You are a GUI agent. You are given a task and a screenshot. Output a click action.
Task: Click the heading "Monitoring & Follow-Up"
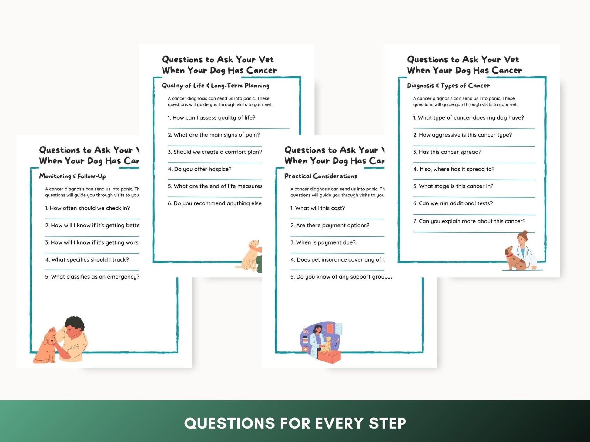pos(72,176)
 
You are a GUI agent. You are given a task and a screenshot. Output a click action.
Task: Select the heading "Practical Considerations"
pos(320,176)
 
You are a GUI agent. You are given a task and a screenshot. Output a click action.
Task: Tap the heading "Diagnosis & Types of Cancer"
pos(448,86)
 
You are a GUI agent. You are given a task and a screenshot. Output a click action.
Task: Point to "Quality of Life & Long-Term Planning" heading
pos(215,86)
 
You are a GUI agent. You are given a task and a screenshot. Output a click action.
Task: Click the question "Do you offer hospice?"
pos(199,169)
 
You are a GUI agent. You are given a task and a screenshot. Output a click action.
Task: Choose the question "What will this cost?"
pos(317,208)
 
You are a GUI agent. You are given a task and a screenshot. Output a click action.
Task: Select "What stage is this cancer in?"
pos(453,186)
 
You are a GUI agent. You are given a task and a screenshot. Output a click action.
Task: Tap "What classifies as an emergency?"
pos(92,277)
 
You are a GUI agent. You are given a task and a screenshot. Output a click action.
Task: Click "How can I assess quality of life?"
pos(211,118)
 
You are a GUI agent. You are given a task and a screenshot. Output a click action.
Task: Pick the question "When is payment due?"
pos(323,242)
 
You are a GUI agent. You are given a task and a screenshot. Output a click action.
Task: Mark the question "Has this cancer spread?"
pos(447,152)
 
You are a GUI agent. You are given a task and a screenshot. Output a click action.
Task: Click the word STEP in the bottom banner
pos(387,423)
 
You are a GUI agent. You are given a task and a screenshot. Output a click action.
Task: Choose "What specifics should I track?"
pos(87,260)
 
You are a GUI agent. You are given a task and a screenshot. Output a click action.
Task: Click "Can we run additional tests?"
pos(453,203)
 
